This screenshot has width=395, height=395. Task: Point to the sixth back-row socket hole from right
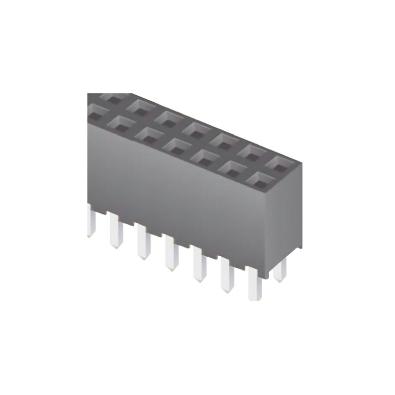tap(141, 107)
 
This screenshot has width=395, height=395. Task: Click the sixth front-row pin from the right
tap(116, 231)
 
